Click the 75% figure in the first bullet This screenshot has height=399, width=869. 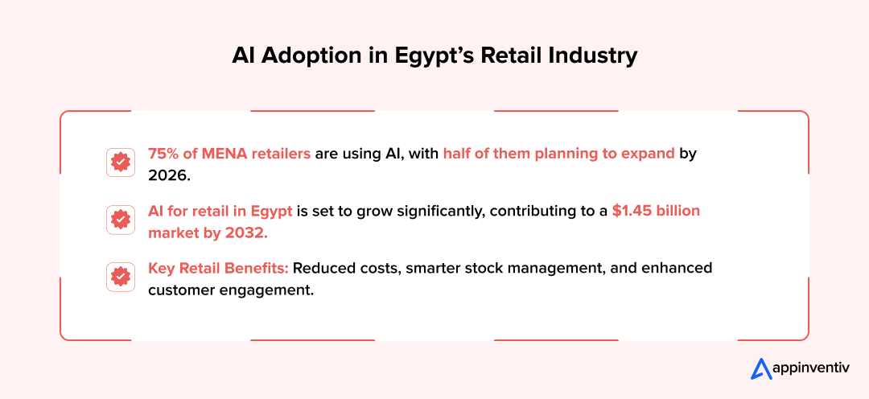click(x=163, y=154)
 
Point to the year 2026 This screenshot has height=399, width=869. click(x=168, y=174)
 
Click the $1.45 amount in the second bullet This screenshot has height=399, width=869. click(x=634, y=211)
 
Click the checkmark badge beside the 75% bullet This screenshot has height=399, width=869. click(x=120, y=162)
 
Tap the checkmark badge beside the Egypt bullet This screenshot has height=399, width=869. click(x=120, y=220)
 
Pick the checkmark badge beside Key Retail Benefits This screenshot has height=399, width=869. click(x=120, y=277)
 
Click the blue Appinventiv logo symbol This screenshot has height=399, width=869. click(x=761, y=368)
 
